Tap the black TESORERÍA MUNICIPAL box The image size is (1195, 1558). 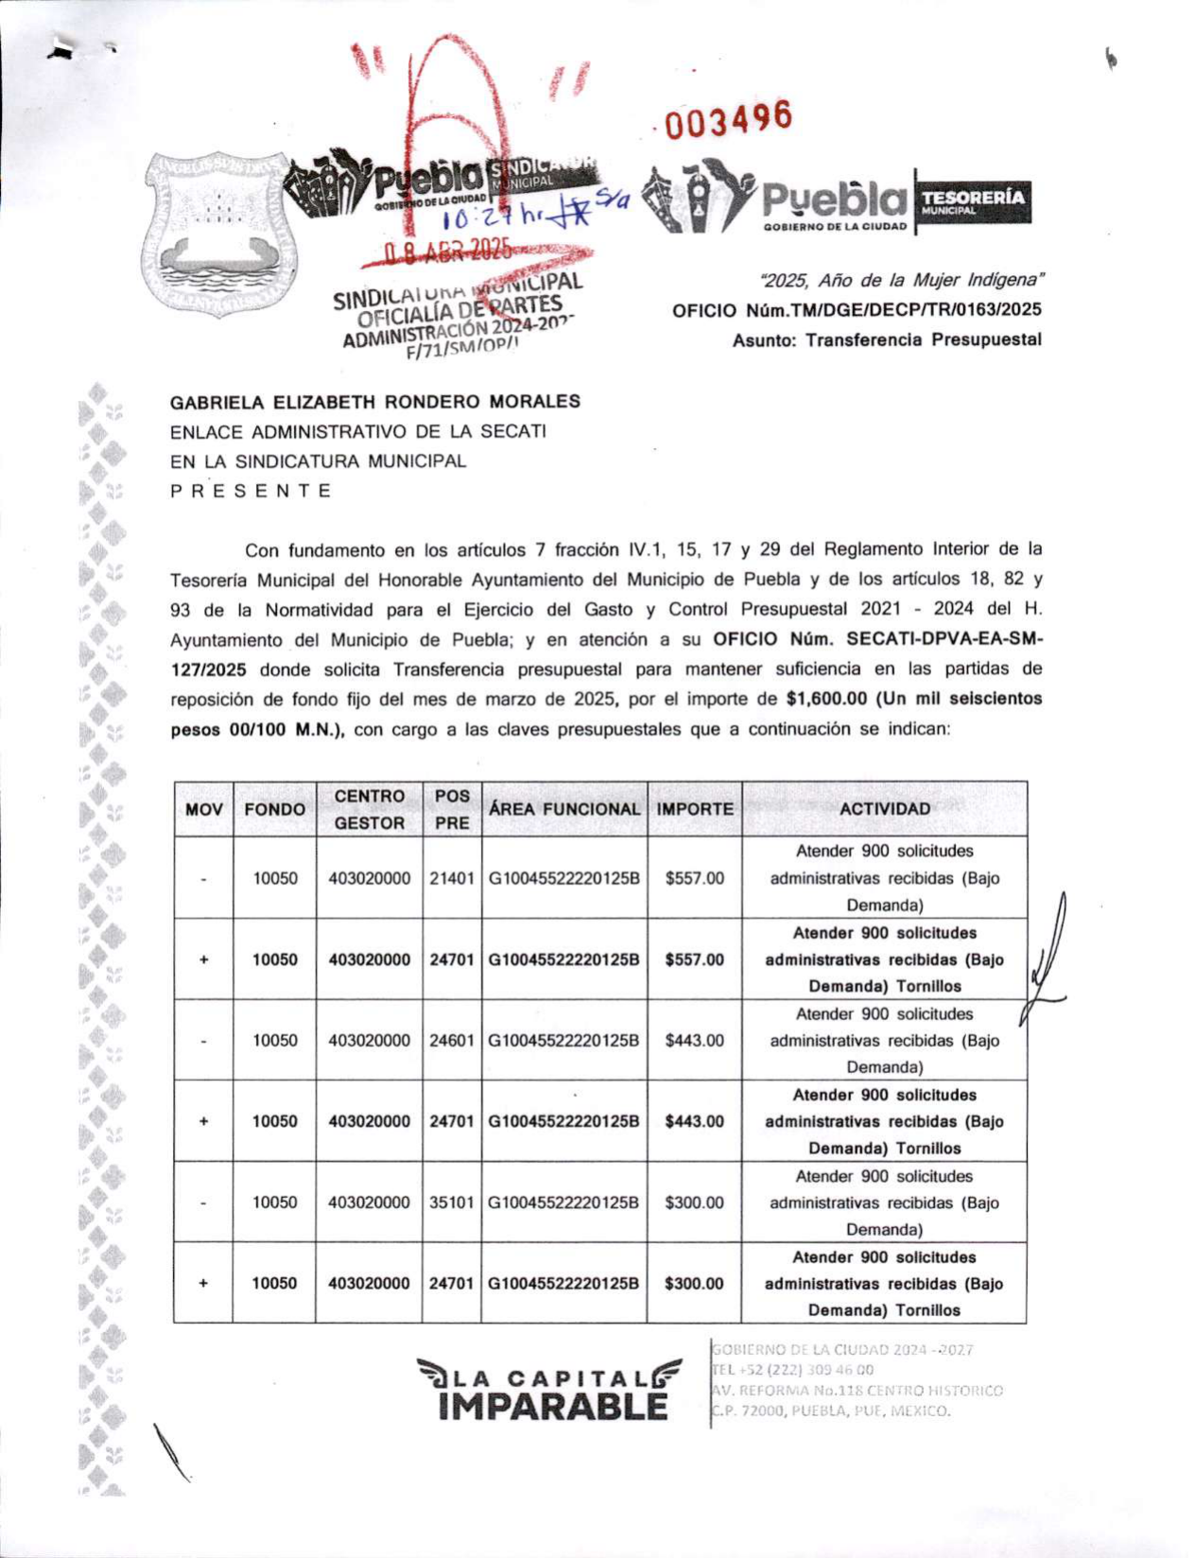[973, 201]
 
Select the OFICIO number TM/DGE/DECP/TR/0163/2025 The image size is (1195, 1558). [857, 310]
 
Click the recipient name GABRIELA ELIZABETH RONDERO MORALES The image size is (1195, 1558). [375, 402]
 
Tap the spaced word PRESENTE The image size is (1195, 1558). [251, 491]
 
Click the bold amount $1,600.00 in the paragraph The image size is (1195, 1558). [825, 699]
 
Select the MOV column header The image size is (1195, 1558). [204, 809]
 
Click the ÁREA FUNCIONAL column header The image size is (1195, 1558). [564, 809]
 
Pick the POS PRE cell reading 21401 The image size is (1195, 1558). [452, 878]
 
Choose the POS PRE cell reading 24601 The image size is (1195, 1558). [452, 1040]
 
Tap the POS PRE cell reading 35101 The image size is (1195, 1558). [452, 1203]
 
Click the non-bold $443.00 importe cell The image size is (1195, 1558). [695, 1040]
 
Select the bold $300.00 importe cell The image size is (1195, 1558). [694, 1284]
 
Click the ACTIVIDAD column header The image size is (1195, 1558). [885, 809]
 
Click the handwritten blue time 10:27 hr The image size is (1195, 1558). [492, 218]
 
